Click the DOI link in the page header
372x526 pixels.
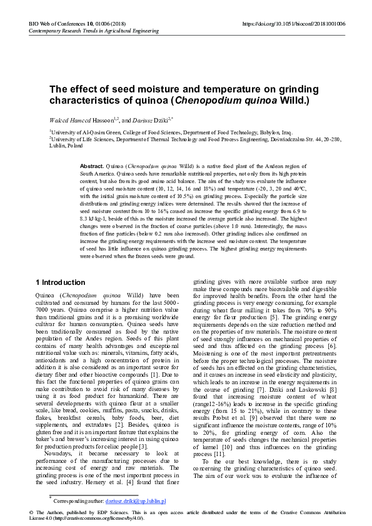click(x=293, y=23)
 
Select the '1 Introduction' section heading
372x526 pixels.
click(x=60, y=282)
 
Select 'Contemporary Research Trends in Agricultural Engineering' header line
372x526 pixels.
click(x=94, y=31)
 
